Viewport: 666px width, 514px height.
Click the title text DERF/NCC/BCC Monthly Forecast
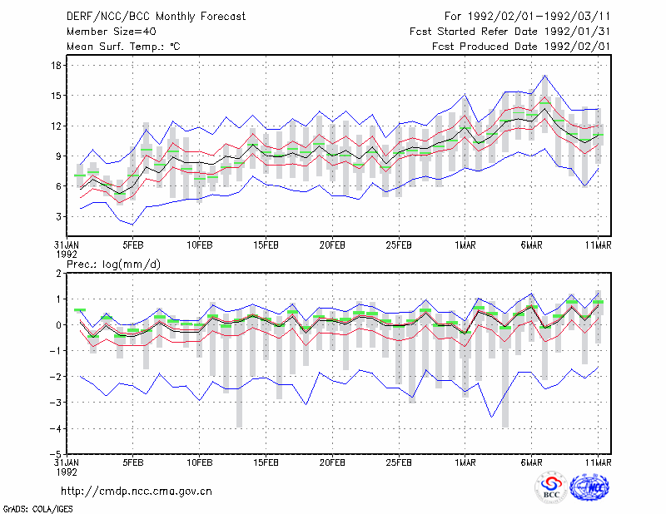point(156,17)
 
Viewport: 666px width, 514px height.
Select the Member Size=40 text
point(112,32)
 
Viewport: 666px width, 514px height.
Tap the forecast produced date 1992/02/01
point(577,47)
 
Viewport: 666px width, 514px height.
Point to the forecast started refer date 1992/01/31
point(577,32)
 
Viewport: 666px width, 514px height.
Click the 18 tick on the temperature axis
point(56,66)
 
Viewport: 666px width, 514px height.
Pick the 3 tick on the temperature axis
point(58,216)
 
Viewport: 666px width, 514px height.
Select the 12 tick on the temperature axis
point(56,126)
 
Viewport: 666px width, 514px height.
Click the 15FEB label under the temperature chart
point(266,245)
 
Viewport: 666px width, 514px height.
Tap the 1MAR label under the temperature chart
point(465,245)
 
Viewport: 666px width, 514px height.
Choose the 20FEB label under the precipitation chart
point(332,462)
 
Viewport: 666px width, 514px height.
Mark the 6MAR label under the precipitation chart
point(531,462)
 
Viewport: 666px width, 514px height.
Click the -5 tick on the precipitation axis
point(56,454)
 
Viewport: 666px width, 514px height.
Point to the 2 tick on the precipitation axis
point(58,274)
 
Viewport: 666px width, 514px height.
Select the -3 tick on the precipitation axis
point(56,403)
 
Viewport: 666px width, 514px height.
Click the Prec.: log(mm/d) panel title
point(113,264)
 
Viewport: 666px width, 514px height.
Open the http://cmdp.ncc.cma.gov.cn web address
point(137,492)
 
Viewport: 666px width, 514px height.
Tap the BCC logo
point(551,488)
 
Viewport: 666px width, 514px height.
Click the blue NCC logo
point(589,488)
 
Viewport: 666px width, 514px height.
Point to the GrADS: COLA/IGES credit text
point(37,509)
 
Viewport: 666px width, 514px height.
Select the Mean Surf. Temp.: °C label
point(123,47)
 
